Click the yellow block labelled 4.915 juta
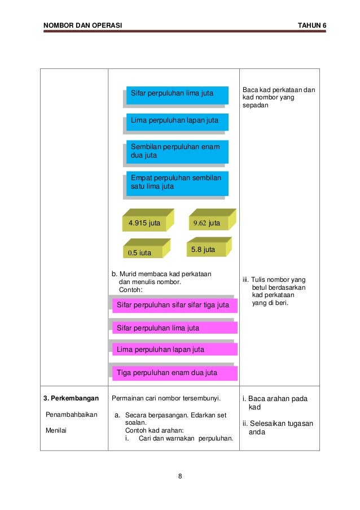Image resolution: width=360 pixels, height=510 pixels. (x=145, y=223)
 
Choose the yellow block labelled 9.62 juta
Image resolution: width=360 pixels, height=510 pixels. (x=209, y=223)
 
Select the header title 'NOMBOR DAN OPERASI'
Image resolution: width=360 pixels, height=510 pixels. (x=82, y=26)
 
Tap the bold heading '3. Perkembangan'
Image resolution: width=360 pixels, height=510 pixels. (x=71, y=399)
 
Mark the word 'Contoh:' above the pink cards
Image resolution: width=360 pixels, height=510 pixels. (x=131, y=290)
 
